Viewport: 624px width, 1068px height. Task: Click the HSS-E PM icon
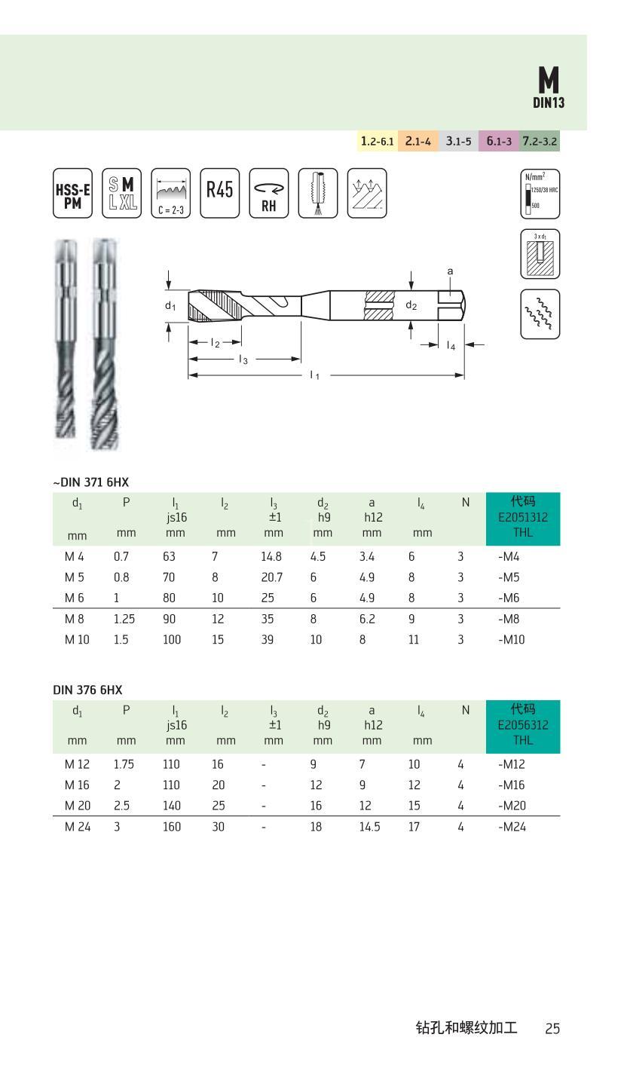pos(72,193)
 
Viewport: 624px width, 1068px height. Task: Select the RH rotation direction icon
pos(269,193)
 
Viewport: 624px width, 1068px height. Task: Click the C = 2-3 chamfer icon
pos(170,193)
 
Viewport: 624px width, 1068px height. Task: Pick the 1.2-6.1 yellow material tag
pos(377,141)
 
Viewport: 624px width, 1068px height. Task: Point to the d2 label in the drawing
pos(411,305)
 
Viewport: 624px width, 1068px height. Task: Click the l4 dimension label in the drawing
pos(451,345)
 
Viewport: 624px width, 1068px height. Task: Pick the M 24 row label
pos(78,827)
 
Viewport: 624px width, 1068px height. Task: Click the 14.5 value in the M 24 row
pos(369,827)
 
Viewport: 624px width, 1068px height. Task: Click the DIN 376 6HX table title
pos(87,689)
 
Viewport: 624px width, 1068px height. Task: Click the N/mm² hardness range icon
pos(540,193)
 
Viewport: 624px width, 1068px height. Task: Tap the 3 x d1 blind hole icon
pos(540,253)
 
